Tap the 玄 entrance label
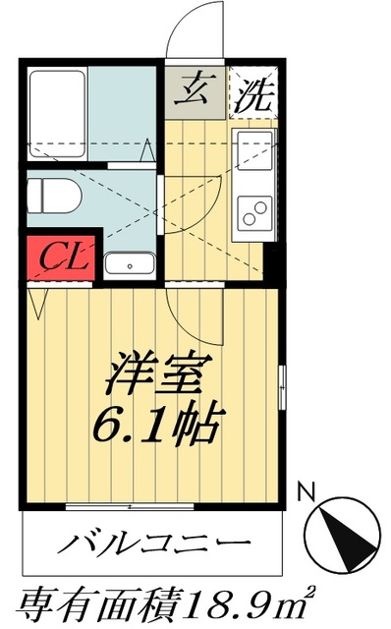coord(194,89)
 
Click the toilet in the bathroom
coord(55,197)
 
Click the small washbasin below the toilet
coord(129,263)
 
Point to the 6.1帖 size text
coord(155,424)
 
